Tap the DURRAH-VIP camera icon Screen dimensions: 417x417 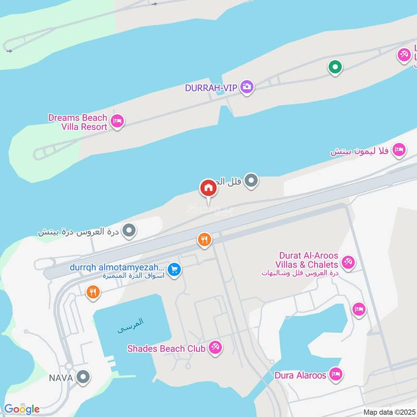248,87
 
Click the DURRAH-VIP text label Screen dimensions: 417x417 211,88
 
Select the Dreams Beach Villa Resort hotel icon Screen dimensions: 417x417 118,121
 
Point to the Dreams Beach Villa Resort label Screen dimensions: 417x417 78,122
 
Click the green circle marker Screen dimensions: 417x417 335,67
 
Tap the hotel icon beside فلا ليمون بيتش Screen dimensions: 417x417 399,150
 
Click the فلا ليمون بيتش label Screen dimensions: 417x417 360,151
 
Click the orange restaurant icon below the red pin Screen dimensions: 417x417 204,240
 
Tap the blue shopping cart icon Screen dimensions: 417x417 175,269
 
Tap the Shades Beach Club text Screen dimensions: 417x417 166,348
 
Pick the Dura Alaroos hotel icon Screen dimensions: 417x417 336,374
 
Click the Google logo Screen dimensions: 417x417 22,409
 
